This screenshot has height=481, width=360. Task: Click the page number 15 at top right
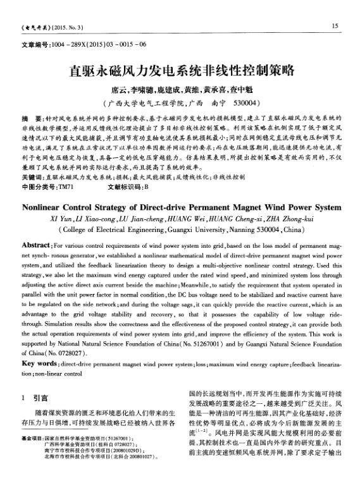pyautogui.click(x=335, y=25)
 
